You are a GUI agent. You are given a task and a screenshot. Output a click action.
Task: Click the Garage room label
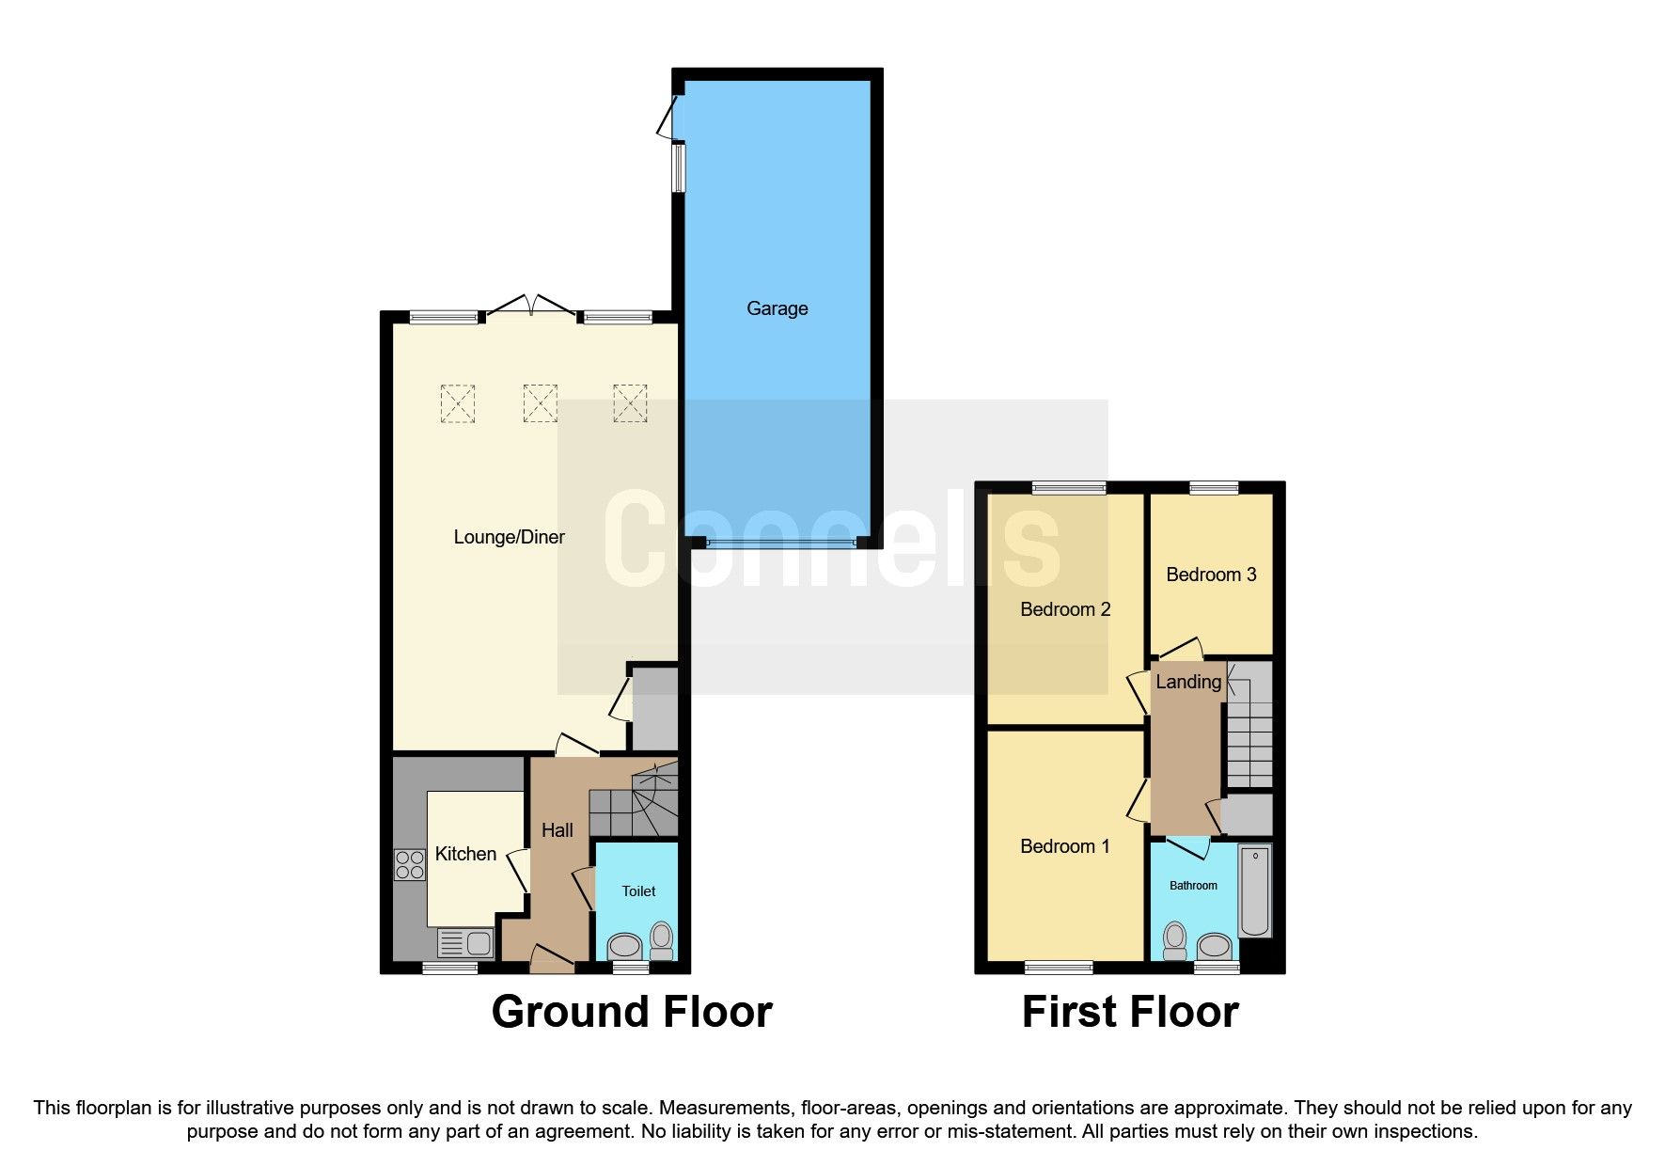point(777,308)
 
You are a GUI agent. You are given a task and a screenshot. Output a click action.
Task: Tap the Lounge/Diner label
point(509,537)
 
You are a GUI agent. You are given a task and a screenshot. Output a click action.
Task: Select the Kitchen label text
point(465,854)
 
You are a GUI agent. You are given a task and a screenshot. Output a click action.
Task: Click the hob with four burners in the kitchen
point(410,865)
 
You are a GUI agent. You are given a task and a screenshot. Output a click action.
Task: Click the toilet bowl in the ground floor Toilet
point(662,938)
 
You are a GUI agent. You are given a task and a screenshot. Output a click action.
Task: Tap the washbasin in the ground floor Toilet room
point(624,945)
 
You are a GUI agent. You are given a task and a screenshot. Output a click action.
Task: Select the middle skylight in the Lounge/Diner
point(540,403)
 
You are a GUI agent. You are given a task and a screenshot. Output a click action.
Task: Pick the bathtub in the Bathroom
point(1255,890)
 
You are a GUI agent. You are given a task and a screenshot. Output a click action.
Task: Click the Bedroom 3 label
point(1211,575)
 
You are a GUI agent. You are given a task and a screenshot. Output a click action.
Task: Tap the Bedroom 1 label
point(1064,846)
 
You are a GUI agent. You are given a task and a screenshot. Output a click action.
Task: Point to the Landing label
point(1188,682)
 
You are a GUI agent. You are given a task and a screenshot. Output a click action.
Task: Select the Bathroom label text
point(1193,886)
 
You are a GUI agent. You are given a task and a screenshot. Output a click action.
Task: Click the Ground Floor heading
point(632,1013)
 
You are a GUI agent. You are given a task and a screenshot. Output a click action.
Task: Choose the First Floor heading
point(1130,1013)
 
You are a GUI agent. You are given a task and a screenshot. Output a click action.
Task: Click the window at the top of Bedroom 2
point(1069,488)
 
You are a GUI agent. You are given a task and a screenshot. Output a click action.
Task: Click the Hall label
point(557,830)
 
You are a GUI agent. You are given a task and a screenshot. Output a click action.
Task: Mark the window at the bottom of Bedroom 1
point(1059,967)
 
